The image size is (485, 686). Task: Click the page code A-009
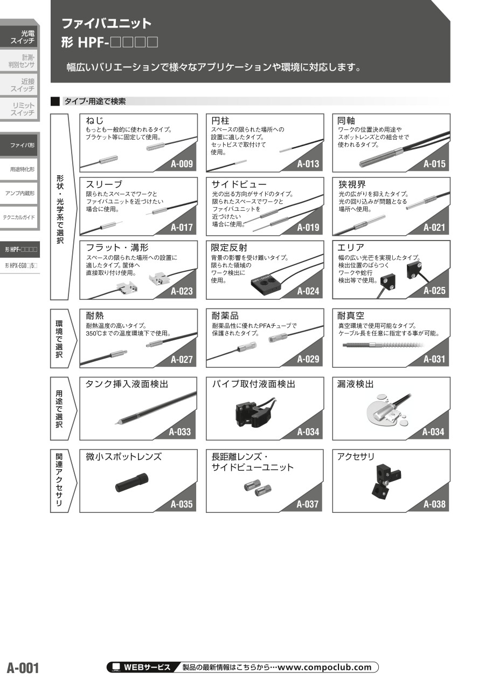182,164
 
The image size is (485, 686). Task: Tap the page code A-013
308,164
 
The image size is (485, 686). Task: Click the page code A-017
182,227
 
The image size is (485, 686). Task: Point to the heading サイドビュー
239,184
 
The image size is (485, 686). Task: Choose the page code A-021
434,227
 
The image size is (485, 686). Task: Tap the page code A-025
434,291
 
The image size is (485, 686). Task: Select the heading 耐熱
95,315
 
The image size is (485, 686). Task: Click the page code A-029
308,359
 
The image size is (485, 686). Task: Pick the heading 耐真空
351,315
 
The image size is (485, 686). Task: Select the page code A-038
434,505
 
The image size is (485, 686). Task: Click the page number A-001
23,668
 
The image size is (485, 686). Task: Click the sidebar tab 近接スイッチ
22,85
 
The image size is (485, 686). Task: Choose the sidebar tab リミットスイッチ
23,109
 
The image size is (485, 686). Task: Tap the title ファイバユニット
106,23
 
